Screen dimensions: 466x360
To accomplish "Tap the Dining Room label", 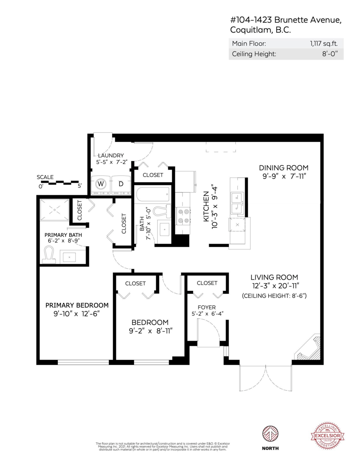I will coord(283,168).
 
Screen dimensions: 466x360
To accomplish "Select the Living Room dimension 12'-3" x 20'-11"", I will coord(274,286).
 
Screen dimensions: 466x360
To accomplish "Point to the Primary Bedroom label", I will coord(77,305).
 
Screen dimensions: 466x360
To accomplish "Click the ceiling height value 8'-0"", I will coord(330,54).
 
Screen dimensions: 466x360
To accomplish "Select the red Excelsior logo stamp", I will coord(327,436).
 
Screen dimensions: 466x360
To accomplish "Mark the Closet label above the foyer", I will coord(207,283).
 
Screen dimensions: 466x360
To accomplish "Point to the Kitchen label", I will coord(207,207).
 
